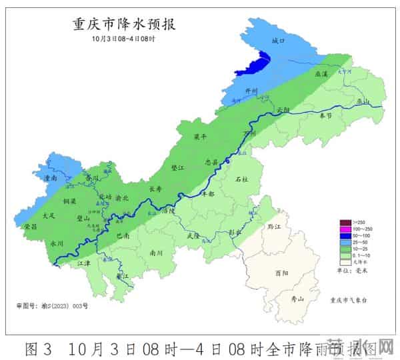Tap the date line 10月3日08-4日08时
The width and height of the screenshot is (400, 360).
coord(124,39)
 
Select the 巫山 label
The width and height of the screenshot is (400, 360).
coord(363,101)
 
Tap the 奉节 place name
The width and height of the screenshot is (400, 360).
coord(325,116)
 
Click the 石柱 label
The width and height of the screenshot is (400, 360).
coord(241,179)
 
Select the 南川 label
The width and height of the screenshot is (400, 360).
coord(157,253)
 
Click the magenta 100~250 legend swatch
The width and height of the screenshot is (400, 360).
coord(346,229)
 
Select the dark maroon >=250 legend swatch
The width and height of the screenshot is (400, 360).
coord(346,223)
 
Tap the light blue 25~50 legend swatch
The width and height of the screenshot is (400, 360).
coord(346,242)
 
